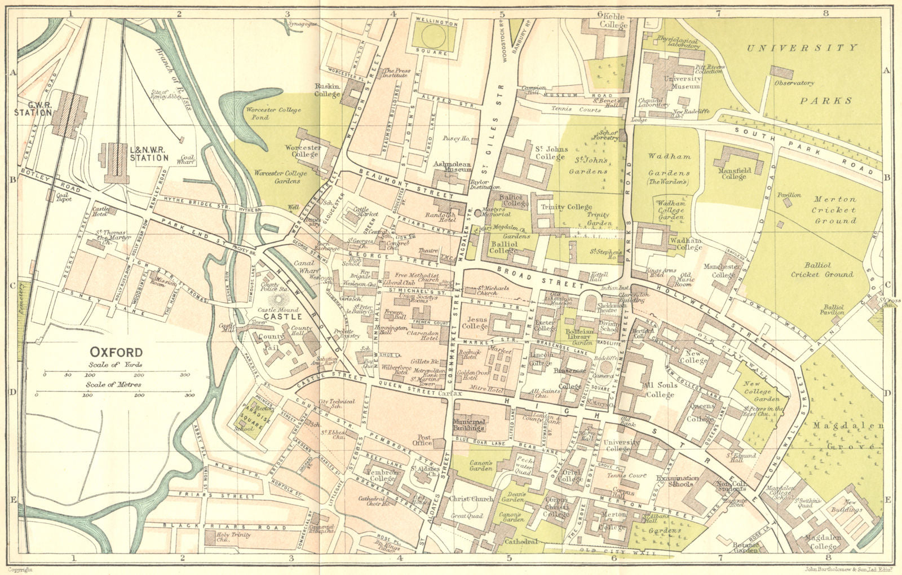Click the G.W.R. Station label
(x=33, y=109)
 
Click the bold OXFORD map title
(x=117, y=352)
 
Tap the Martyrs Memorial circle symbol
(x=478, y=213)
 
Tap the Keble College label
(x=613, y=21)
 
